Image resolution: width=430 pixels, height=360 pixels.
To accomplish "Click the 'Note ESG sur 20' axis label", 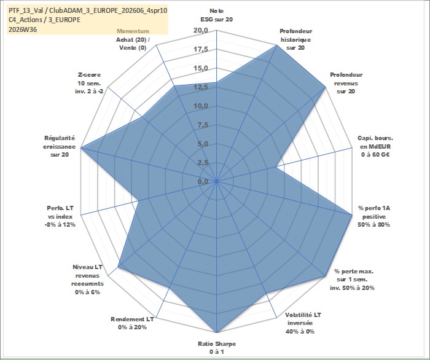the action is pyautogui.click(x=217, y=15).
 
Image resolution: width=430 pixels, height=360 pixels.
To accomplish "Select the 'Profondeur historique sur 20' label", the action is pyautogui.click(x=296, y=39).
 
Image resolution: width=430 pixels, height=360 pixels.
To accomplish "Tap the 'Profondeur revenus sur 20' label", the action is pyautogui.click(x=346, y=83).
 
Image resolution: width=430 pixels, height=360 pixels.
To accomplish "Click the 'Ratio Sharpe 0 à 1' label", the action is pyautogui.click(x=217, y=348).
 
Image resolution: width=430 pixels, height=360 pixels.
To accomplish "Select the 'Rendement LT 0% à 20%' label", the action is pyautogui.click(x=132, y=323).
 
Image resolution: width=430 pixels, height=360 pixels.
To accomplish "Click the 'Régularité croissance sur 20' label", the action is pyautogui.click(x=59, y=146).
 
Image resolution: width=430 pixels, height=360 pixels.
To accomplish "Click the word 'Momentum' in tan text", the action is pyautogui.click(x=133, y=31).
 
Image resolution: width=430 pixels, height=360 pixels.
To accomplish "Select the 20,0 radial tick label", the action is pyautogui.click(x=201, y=31).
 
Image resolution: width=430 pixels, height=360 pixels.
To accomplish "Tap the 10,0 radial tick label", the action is pyautogui.click(x=201, y=106).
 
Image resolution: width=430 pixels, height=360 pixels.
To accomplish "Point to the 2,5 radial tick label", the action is pyautogui.click(x=203, y=163).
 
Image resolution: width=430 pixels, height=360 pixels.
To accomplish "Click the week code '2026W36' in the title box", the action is pyautogui.click(x=23, y=29).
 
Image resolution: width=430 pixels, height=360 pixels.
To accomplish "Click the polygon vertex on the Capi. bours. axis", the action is pyautogui.click(x=276, y=166).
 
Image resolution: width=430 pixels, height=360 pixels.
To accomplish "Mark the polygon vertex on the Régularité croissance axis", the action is pyautogui.click(x=81, y=148).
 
